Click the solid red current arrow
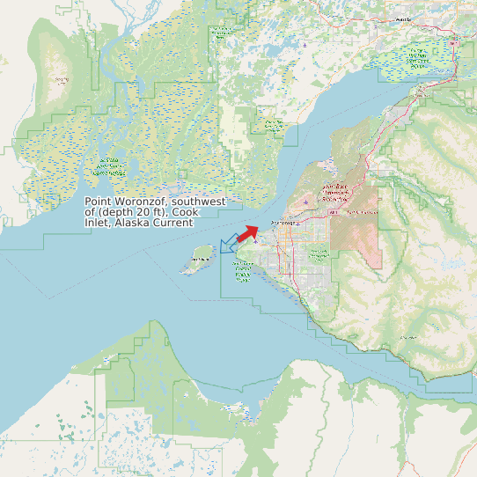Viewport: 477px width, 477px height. click(248, 232)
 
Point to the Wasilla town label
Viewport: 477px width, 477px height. click(404, 18)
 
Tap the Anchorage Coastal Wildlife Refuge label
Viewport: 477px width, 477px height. click(243, 271)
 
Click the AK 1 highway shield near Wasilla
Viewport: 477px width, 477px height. click(454, 42)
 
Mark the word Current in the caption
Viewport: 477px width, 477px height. click(173, 223)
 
